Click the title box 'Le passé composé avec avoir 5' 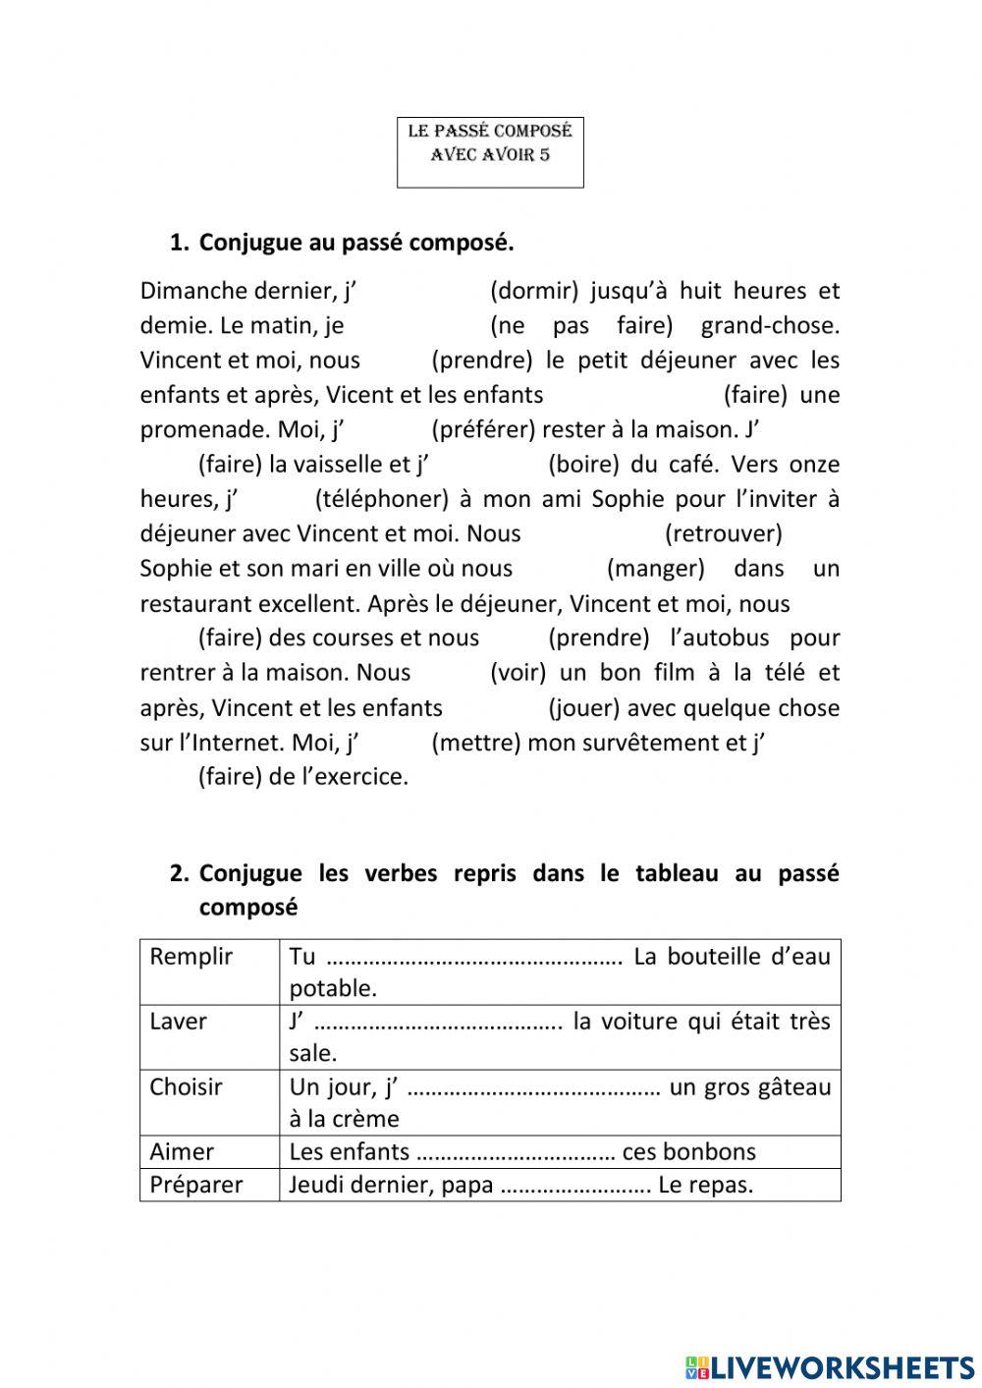tap(490, 152)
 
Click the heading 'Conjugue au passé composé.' tap(356, 243)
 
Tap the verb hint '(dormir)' tap(534, 291)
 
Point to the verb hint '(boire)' tap(583, 464)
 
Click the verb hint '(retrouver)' tap(724, 533)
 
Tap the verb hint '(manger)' tap(656, 569)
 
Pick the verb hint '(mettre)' tap(476, 743)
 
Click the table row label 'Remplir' tap(191, 957)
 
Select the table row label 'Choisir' tap(187, 1087)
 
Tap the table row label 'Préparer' tap(196, 1185)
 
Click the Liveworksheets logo tap(830, 1366)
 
